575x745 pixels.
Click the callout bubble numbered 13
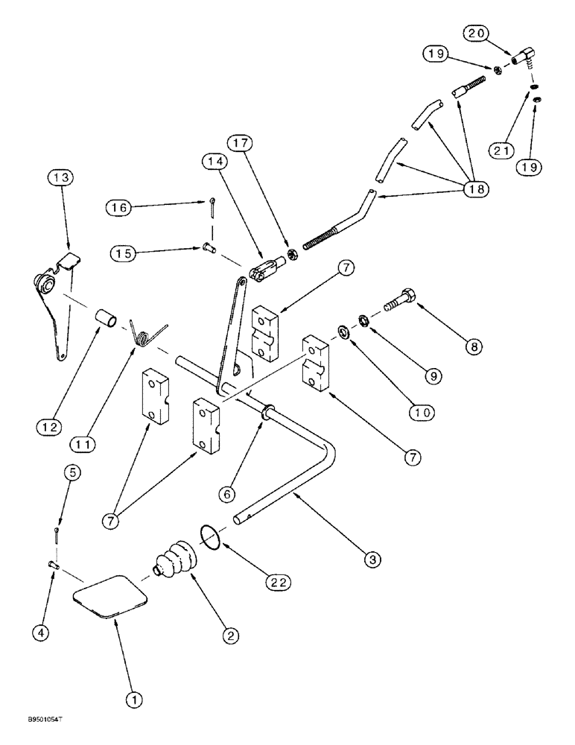point(61,177)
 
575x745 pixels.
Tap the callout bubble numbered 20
point(477,33)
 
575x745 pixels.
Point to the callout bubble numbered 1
point(135,700)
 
